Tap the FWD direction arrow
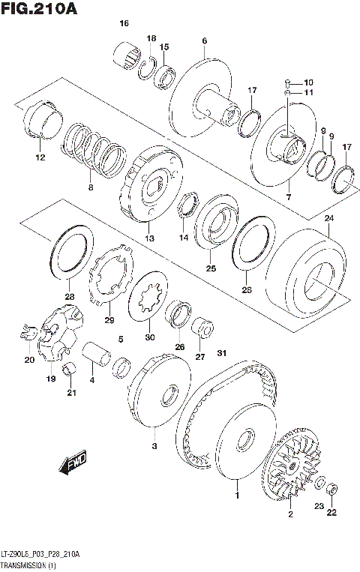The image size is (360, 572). (74, 464)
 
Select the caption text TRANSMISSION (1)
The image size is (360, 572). (31, 563)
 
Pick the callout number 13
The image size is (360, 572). (149, 238)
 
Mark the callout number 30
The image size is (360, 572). (149, 337)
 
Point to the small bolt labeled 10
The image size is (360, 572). (287, 82)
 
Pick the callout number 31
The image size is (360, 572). (220, 353)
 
